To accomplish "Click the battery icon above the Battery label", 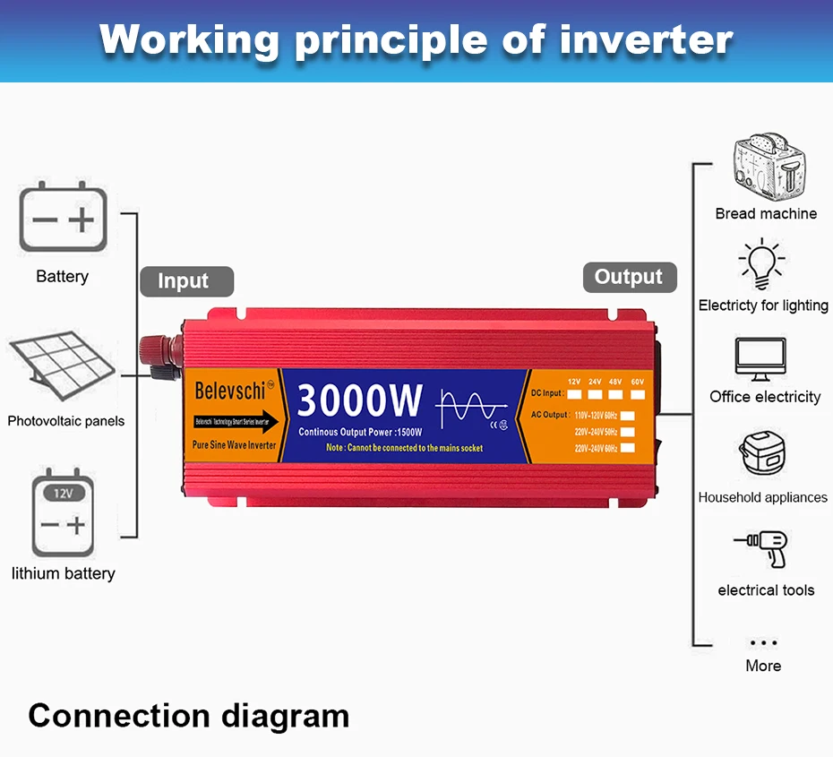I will [x=63, y=217].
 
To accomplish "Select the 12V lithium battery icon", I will [x=63, y=513].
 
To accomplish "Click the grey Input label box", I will [x=186, y=281].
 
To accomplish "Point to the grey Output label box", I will [x=629, y=277].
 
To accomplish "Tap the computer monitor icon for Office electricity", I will [x=760, y=358].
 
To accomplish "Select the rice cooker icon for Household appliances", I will [x=762, y=455].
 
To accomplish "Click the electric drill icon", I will [x=761, y=547].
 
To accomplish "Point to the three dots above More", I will [x=763, y=642].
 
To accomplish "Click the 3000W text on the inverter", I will [x=358, y=400].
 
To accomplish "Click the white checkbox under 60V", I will [x=638, y=393].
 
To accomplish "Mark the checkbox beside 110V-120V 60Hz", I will [x=628, y=415].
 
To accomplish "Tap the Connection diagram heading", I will [x=189, y=716].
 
